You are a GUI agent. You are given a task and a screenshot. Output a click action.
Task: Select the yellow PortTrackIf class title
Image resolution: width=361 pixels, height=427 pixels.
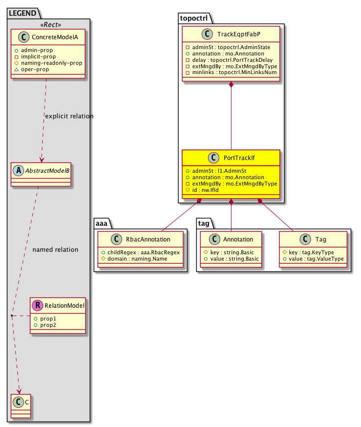tap(238, 158)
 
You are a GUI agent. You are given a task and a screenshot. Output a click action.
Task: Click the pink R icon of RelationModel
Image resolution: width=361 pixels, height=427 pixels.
tap(37, 306)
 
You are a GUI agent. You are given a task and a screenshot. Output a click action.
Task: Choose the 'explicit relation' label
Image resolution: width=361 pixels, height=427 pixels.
tap(69, 116)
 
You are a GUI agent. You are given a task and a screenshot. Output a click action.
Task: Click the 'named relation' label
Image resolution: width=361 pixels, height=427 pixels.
tap(55, 250)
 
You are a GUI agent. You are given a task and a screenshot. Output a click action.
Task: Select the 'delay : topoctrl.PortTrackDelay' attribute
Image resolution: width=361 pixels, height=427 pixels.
tap(230, 59)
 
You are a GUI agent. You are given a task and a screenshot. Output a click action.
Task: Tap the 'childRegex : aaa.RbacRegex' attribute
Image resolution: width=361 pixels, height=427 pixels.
tap(142, 252)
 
